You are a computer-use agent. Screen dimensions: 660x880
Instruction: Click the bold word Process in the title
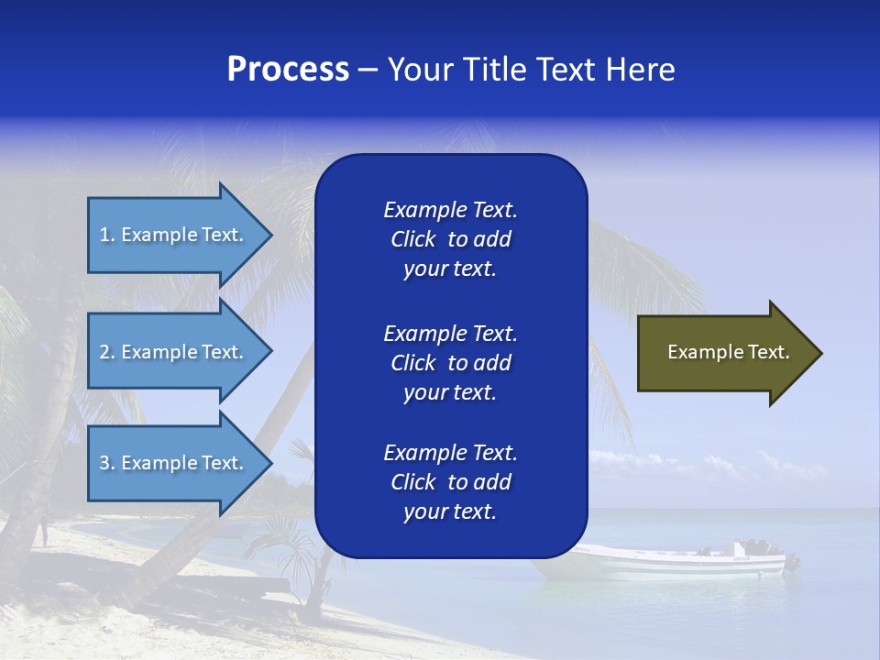tap(288, 70)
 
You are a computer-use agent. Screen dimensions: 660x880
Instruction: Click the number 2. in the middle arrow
tap(107, 352)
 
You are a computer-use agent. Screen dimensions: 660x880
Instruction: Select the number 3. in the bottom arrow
tap(107, 463)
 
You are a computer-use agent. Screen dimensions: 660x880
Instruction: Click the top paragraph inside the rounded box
tap(450, 239)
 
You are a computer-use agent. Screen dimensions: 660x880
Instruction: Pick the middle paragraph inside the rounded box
tap(450, 363)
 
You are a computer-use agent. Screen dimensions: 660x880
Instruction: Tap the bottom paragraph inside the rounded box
tap(450, 482)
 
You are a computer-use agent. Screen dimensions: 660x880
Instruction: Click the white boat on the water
tap(678, 561)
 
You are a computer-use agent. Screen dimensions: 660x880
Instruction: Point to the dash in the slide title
tap(368, 71)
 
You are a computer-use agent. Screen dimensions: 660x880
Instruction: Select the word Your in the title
tap(420, 70)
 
